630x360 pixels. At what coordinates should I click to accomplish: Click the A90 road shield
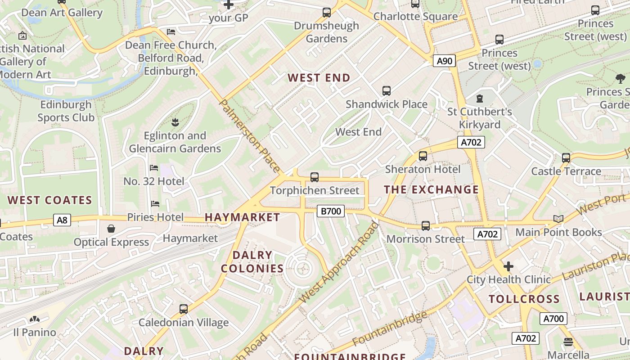coord(444,61)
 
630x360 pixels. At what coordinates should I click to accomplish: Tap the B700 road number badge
coord(330,211)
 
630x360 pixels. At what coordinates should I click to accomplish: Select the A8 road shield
coord(62,220)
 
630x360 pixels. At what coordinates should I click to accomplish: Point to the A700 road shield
coord(553,319)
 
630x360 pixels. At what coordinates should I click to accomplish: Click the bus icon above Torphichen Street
coord(315,177)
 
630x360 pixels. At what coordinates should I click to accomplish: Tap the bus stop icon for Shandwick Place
coord(386,91)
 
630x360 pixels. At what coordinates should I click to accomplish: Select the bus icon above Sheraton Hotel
coord(423,156)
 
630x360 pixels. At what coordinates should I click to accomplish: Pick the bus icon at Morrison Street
coord(425,226)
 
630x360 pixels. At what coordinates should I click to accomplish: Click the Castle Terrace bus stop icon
coord(566,158)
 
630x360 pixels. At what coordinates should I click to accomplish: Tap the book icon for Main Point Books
coord(558,219)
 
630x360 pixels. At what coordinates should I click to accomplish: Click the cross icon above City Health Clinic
coord(508,266)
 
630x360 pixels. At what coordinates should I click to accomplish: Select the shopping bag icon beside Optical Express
coord(111,229)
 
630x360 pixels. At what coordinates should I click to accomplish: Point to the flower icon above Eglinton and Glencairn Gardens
coord(175,122)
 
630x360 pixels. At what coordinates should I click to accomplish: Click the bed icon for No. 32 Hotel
coord(154,168)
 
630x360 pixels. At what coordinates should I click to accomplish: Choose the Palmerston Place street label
coord(250,136)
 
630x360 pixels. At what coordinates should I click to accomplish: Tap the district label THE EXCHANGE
coord(431,189)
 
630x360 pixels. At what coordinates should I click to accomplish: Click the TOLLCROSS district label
coord(524,299)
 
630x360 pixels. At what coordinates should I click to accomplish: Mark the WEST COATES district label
coord(49,200)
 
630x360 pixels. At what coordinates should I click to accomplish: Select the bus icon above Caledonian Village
coord(183,309)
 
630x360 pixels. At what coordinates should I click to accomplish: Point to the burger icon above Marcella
coord(568,342)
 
